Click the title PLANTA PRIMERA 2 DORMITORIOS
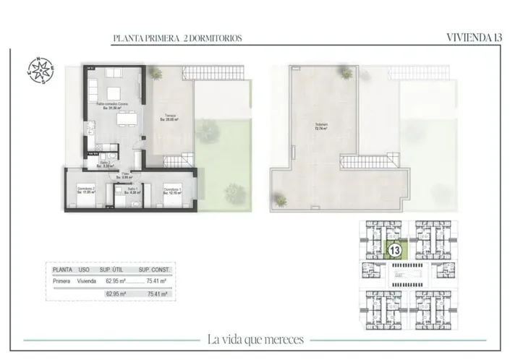[177, 38]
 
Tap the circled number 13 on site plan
[395, 251]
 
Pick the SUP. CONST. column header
[153, 269]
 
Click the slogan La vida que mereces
[255, 339]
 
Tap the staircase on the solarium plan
[360, 163]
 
